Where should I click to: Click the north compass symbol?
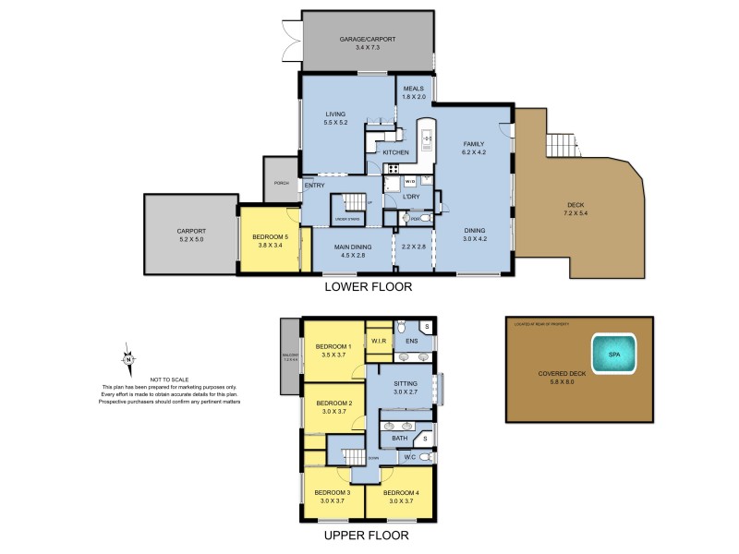pos(129,358)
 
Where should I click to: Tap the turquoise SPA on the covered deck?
pos(613,353)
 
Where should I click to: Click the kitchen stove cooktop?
pos(394,168)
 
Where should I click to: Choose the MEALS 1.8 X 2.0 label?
pos(414,91)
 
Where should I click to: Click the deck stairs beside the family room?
pos(561,145)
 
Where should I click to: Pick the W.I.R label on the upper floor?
pos(379,341)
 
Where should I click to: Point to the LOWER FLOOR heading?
pos(368,287)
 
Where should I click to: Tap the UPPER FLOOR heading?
pos(368,535)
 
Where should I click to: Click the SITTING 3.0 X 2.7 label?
pos(406,387)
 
